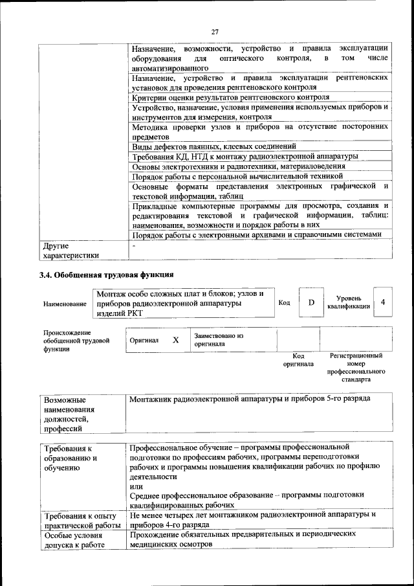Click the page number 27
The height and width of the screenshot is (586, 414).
click(215, 32)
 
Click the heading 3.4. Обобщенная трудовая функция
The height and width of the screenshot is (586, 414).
click(107, 274)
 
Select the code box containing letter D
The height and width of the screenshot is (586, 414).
click(311, 302)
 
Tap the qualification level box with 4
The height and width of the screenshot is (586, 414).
click(383, 302)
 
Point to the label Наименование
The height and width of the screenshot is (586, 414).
click(64, 303)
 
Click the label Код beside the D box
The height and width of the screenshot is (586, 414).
click(284, 302)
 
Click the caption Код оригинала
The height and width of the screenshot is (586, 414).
click(298, 360)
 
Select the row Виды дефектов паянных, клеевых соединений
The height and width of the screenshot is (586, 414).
click(213, 146)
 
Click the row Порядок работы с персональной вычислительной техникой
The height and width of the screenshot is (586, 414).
click(236, 175)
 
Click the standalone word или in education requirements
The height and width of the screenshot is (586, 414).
click(136, 486)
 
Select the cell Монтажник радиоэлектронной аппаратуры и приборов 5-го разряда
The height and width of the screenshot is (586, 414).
click(250, 398)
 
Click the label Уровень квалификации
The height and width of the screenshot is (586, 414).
click(349, 302)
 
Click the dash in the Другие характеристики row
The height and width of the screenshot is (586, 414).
click(133, 246)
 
